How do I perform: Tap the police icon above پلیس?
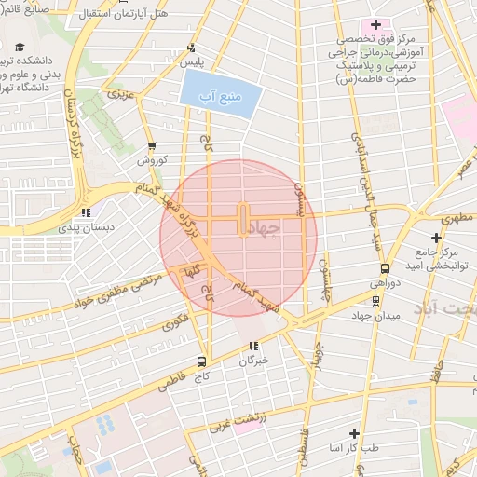192,48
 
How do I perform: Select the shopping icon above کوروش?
151,146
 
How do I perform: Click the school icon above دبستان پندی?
86,211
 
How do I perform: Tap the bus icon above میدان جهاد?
375,300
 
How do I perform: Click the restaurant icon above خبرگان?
253,346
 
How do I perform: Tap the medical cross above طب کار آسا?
353,433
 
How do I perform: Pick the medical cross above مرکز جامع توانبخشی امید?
436,238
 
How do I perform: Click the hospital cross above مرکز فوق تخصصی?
375,24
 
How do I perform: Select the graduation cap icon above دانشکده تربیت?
20,47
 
